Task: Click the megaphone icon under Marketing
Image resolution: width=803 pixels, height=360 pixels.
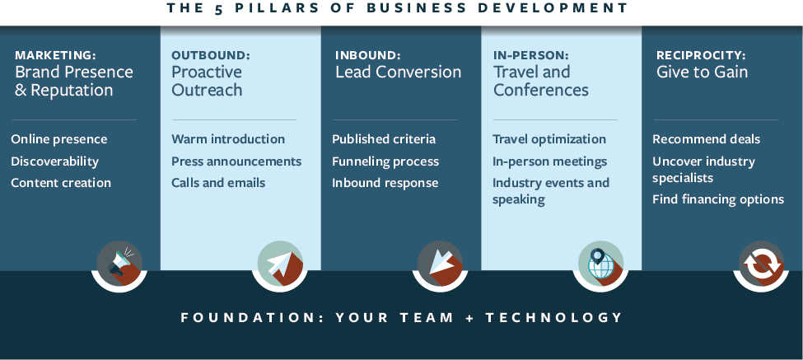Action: pyautogui.click(x=119, y=264)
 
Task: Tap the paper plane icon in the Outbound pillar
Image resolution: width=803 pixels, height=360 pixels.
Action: pyautogui.click(x=280, y=264)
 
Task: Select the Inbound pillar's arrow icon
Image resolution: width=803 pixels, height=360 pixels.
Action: pyautogui.click(x=441, y=264)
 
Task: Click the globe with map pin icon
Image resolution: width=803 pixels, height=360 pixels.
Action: pyautogui.click(x=600, y=264)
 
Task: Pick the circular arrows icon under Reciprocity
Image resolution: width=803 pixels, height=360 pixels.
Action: pyautogui.click(x=761, y=264)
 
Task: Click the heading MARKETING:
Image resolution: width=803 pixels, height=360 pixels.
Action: pyautogui.click(x=55, y=55)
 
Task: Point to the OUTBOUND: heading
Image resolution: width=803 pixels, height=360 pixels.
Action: pyautogui.click(x=210, y=55)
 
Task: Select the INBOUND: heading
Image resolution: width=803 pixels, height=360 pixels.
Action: pyautogui.click(x=367, y=55)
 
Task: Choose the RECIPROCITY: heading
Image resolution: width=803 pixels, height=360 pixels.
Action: pyautogui.click(x=701, y=55)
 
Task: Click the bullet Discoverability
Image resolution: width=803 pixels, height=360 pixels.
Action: pyautogui.click(x=54, y=161)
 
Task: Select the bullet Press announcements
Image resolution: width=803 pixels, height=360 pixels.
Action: pyautogui.click(x=236, y=161)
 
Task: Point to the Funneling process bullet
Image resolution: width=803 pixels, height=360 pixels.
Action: pyautogui.click(x=385, y=161)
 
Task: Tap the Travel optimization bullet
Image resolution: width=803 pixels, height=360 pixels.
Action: pyautogui.click(x=549, y=139)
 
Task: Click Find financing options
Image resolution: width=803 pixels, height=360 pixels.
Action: pyautogui.click(x=718, y=199)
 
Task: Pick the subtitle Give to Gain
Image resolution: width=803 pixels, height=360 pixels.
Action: pyautogui.click(x=702, y=72)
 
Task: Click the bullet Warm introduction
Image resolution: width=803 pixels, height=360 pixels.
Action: pyautogui.click(x=228, y=139)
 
